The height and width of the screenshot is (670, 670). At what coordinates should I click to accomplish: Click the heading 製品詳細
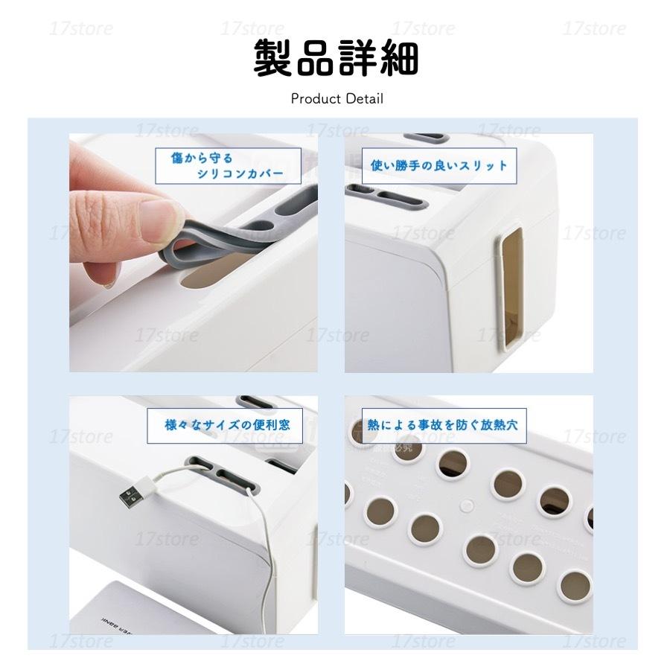336,58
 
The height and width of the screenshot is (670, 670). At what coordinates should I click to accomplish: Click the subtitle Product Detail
336,98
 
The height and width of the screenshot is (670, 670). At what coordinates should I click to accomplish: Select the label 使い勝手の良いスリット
438,165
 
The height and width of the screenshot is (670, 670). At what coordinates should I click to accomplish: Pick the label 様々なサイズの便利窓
227,427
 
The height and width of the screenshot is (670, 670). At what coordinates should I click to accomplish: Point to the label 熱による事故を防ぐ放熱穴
438,426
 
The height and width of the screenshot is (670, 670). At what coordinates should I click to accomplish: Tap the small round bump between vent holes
466,505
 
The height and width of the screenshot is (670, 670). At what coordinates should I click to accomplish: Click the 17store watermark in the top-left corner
82,30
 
